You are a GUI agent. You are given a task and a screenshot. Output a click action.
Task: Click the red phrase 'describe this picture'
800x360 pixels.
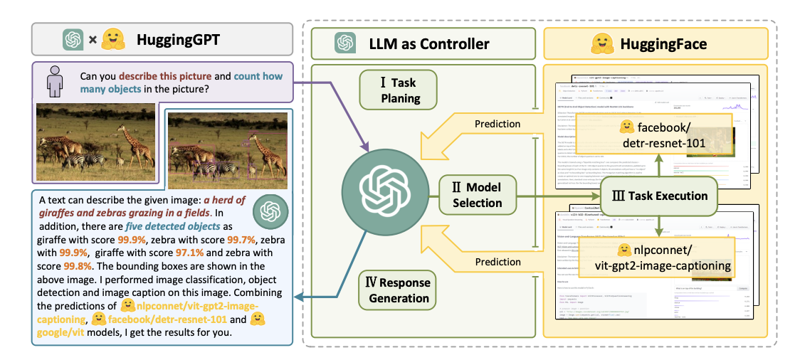point(158,75)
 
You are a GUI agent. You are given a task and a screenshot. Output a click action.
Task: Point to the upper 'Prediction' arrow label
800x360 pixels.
point(497,123)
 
